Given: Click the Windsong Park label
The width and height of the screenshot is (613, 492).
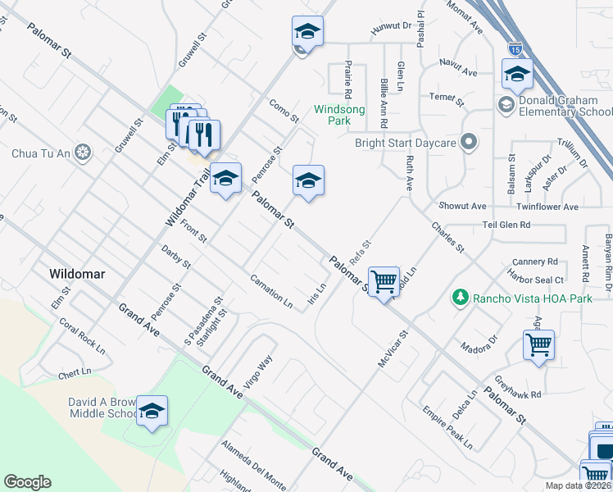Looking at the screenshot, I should tap(340, 115).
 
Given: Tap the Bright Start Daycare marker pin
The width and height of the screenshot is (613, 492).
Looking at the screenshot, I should tap(469, 143).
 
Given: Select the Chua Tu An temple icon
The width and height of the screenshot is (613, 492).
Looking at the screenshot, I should tap(82, 153).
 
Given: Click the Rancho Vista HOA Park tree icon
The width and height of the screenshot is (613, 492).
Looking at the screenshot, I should tap(461, 298).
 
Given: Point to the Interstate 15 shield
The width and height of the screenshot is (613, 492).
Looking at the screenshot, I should tap(515, 49).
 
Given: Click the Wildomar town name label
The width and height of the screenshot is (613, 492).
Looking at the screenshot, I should tap(77, 275).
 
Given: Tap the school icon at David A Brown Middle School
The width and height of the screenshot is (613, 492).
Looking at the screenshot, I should tap(152, 412).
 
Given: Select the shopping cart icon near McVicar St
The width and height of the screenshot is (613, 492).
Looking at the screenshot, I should tap(384, 283).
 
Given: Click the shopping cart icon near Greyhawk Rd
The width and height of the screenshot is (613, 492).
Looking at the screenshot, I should tap(538, 345).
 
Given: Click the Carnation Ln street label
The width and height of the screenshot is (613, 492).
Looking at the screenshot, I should tap(271, 290).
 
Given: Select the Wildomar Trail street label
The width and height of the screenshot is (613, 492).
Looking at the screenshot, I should tap(183, 193).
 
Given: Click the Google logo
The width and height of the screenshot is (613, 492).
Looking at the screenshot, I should tap(27, 482).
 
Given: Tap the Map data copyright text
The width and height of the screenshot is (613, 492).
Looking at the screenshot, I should tap(578, 485).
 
